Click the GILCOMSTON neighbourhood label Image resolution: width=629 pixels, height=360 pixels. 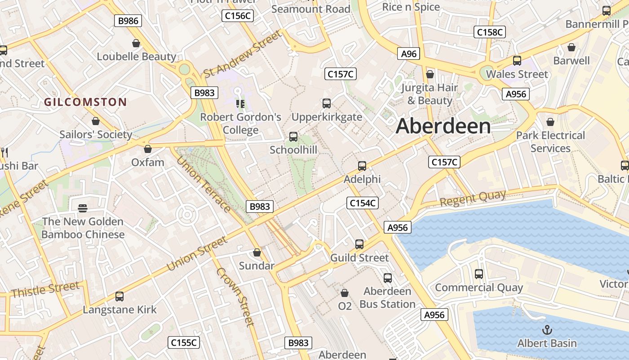[x=85, y=102]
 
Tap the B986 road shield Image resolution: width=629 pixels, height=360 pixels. [x=128, y=21]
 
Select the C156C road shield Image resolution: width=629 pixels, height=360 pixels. [x=238, y=16]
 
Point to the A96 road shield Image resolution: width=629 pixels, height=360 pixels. [x=408, y=54]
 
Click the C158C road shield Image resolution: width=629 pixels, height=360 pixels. [x=490, y=32]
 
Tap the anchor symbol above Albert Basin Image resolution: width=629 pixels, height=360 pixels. [x=547, y=330]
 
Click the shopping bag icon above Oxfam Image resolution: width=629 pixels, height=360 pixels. [x=148, y=149]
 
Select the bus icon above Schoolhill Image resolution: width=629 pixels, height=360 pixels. [x=293, y=137]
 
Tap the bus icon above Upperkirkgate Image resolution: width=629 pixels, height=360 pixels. [x=327, y=103]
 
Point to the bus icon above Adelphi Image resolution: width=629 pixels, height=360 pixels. [x=362, y=166]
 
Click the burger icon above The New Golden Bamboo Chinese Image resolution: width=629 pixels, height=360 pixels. [x=83, y=208]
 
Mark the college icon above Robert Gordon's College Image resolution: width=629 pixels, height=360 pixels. [x=240, y=104]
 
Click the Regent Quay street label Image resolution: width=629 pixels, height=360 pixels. [x=473, y=198]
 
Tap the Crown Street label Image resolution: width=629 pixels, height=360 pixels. [x=235, y=297]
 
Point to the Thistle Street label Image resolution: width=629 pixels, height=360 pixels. [x=45, y=289]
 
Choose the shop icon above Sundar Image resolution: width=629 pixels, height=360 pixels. [x=257, y=253]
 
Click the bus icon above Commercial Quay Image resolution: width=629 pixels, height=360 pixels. [x=479, y=274]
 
